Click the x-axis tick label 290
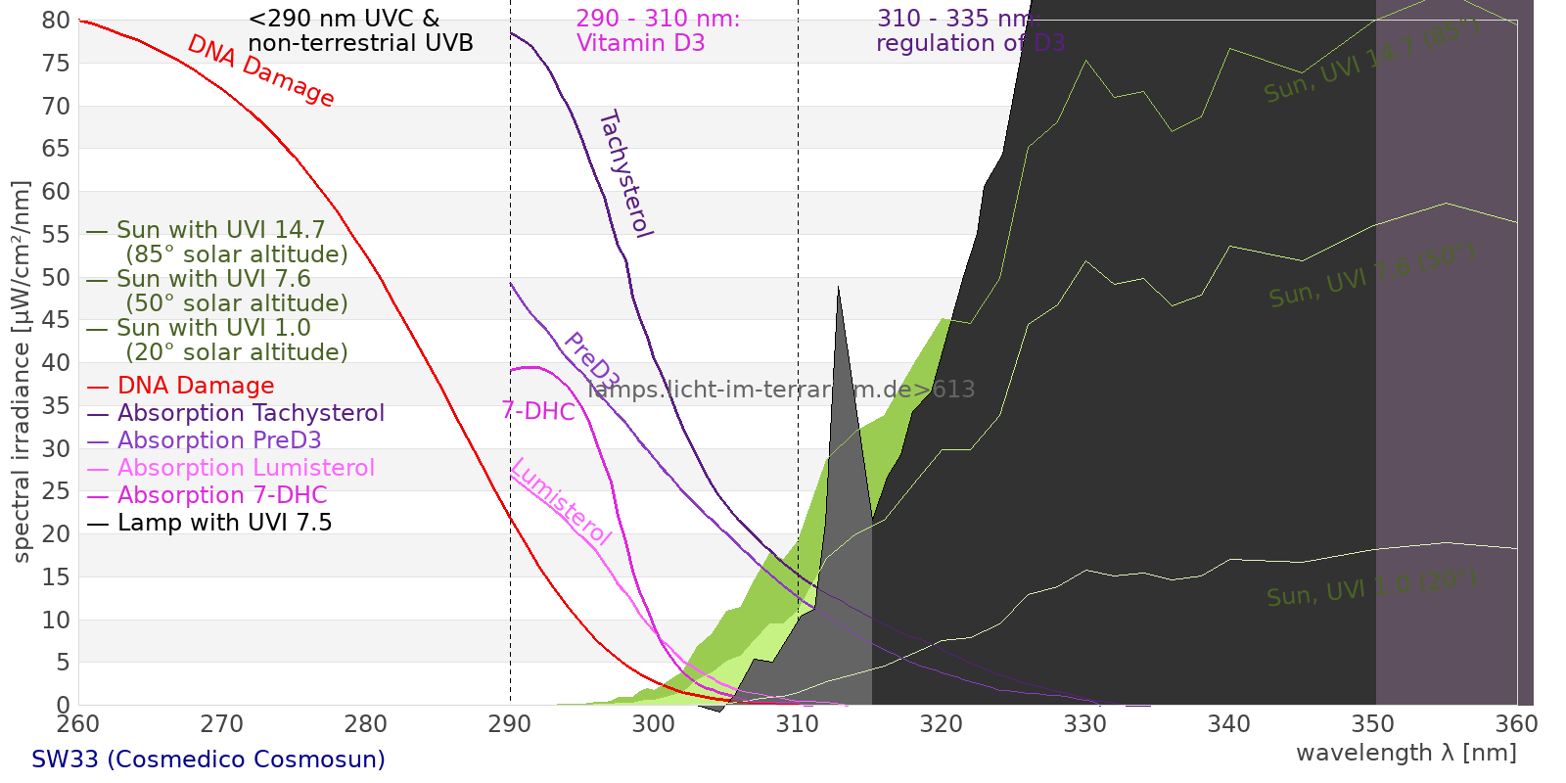click(510, 724)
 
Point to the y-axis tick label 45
click(57, 320)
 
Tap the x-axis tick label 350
click(1373, 724)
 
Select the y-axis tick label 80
click(57, 21)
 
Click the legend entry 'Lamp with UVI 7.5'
click(224, 523)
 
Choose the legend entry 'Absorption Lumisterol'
click(246, 468)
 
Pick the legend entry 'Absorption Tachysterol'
click(251, 413)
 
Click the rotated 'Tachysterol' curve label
click(624, 174)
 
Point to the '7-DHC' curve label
click(538, 411)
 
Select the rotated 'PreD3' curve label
click(591, 360)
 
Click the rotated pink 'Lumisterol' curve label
click(561, 501)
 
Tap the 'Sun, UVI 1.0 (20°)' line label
click(1370, 589)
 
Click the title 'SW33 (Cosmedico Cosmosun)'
click(208, 760)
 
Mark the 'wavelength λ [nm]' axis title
click(1405, 753)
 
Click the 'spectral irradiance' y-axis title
click(22, 372)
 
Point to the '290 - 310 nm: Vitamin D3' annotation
click(658, 31)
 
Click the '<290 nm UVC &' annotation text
click(345, 20)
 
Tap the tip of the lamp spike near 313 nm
click(838, 287)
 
